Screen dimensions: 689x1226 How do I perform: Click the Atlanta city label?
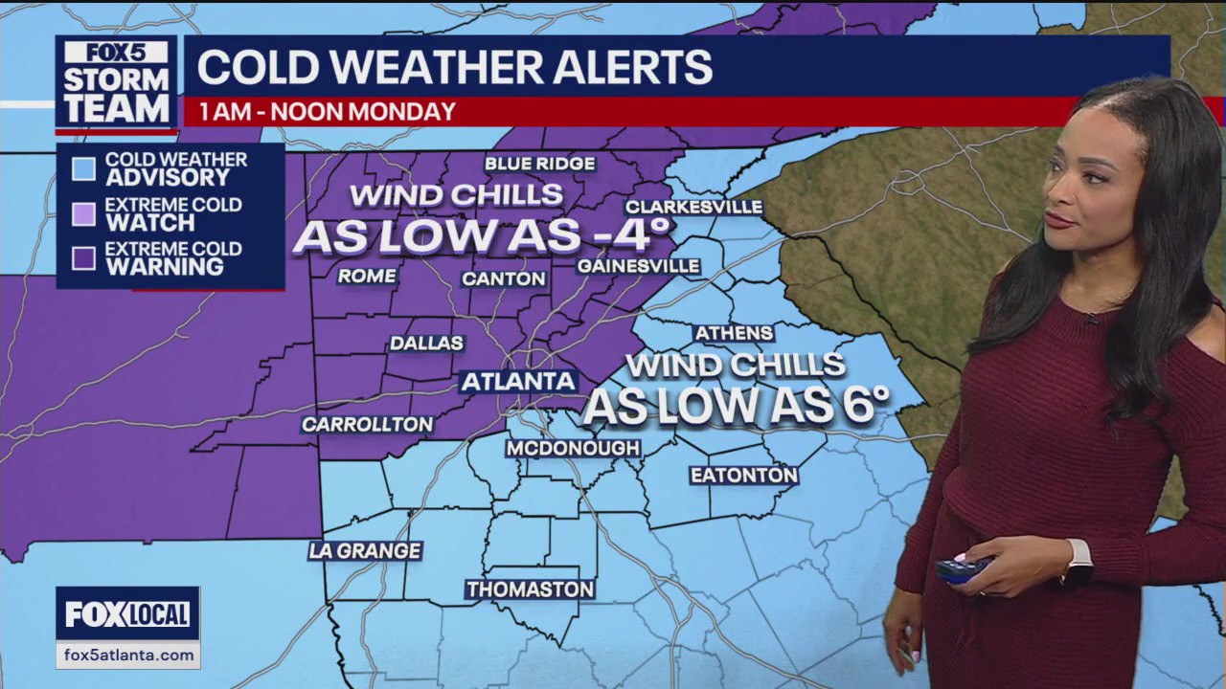pos(518,381)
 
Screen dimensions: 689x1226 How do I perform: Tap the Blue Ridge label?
pos(539,164)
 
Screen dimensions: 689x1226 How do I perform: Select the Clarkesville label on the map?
pos(693,207)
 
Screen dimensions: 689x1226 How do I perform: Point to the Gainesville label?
pos(638,265)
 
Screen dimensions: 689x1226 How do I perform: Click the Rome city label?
pos(367,276)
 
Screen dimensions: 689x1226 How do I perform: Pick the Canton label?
pos(504,278)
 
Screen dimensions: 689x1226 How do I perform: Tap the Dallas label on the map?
pos(426,343)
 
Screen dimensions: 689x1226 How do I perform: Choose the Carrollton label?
pos(367,424)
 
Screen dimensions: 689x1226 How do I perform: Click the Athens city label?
pos(734,333)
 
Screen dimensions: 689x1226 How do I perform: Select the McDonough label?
pos(573,448)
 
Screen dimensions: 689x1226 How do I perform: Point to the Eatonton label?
pos(743,475)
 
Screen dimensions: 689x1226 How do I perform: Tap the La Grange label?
pos(365,550)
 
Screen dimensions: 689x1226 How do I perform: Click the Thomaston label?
pos(530,589)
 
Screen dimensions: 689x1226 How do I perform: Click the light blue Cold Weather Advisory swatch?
pos(84,169)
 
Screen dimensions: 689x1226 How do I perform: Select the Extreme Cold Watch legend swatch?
pos(84,214)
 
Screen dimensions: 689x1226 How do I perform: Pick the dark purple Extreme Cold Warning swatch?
pos(84,258)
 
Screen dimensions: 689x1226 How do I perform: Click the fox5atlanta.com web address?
pos(127,656)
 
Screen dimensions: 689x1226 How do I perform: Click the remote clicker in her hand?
pos(963,568)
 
